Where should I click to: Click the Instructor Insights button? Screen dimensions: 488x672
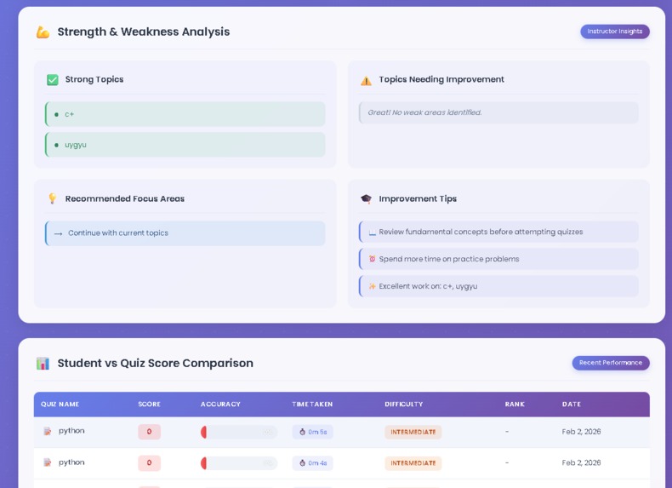[x=614, y=32]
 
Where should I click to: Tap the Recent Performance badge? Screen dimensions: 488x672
[x=610, y=363]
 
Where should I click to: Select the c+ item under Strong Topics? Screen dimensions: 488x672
[x=69, y=114]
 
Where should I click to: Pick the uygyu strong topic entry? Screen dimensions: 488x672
[x=76, y=145]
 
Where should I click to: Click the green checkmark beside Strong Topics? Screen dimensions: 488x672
[x=53, y=79]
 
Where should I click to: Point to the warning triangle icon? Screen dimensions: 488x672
[x=366, y=80]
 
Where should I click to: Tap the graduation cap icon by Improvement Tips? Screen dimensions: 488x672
[x=366, y=198]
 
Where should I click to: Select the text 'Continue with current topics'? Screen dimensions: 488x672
[x=118, y=233]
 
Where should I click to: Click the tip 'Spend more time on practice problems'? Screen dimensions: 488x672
[x=448, y=259]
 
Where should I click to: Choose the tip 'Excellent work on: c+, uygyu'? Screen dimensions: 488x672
[x=428, y=286]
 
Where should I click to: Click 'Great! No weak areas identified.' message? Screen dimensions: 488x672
[x=424, y=112]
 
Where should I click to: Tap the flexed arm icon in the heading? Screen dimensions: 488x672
[x=43, y=32]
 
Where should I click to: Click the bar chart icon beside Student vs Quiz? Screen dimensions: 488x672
[x=43, y=363]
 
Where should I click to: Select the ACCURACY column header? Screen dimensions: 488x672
[x=220, y=405]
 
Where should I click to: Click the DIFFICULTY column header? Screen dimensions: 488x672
[x=403, y=405]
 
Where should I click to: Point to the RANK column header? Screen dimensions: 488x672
[x=515, y=405]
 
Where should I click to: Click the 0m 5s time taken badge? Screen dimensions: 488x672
[x=312, y=432]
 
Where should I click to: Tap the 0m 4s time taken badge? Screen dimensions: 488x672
[x=312, y=463]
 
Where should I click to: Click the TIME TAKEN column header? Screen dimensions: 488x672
[x=312, y=405]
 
